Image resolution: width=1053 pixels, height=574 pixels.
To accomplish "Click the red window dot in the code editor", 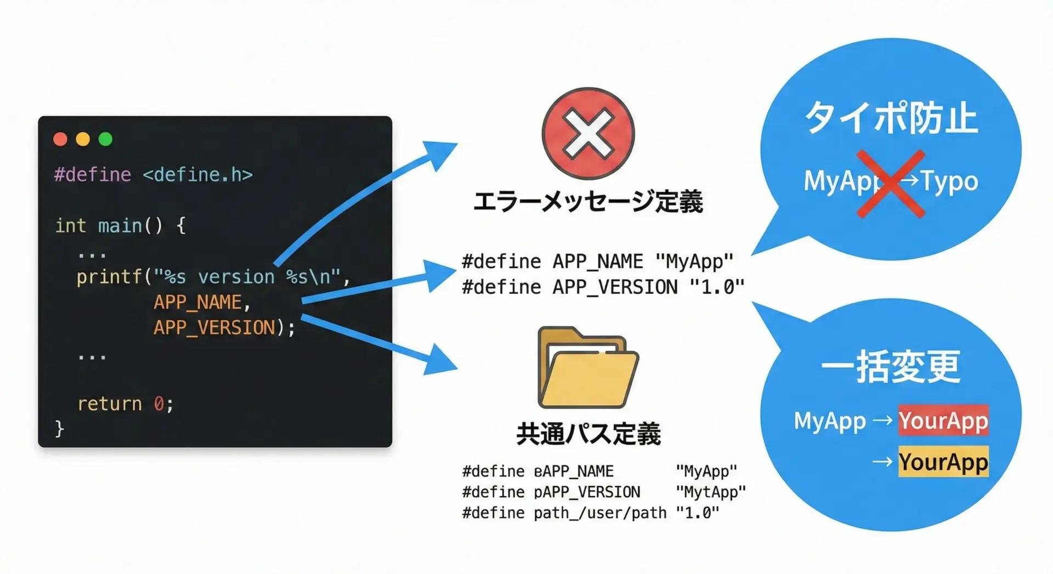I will click(x=60, y=139).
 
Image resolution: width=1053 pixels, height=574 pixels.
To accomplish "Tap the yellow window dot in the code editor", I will click(x=83, y=139).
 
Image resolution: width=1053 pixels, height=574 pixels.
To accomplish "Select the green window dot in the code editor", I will click(x=105, y=139).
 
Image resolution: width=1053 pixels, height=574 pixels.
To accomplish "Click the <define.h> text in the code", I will click(x=197, y=175).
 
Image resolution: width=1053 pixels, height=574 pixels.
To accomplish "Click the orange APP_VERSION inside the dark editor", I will click(x=214, y=328).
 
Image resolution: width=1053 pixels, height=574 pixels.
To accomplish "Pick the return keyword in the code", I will click(x=110, y=404).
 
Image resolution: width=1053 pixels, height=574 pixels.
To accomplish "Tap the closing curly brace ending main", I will click(x=59, y=428).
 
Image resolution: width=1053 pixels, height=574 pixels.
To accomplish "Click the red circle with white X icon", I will click(x=588, y=133).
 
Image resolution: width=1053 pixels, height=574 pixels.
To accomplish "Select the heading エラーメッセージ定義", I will click(x=588, y=202).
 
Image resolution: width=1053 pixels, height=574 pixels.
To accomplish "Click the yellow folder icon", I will click(x=588, y=368).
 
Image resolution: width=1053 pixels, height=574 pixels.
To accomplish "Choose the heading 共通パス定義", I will click(x=588, y=434).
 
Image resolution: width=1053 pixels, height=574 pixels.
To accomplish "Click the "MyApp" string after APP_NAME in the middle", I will click(x=694, y=262).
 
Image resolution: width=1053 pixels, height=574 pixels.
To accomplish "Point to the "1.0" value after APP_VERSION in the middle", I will click(x=717, y=287).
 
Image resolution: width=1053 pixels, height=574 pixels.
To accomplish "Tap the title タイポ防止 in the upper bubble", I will click(x=891, y=118).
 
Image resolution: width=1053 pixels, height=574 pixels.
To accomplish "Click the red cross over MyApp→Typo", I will click(x=891, y=184).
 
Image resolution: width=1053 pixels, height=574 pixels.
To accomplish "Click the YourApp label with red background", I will click(x=943, y=420).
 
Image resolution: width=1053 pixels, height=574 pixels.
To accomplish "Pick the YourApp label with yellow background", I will click(x=943, y=462).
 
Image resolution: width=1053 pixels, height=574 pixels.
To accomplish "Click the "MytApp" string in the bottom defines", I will click(x=711, y=492).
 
